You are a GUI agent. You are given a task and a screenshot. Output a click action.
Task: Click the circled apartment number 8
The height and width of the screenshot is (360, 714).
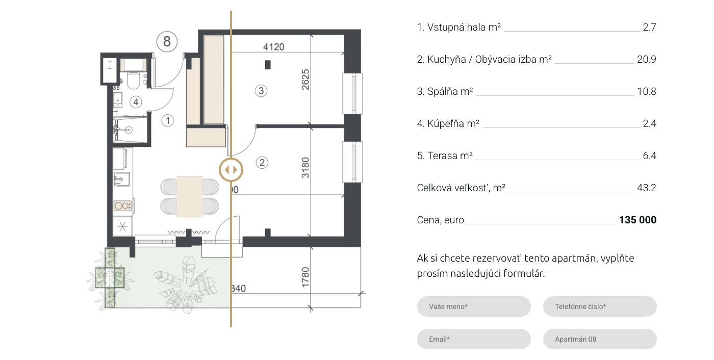tap(167, 41)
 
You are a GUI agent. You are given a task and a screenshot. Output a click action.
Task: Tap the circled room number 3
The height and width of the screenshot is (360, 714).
tap(261, 91)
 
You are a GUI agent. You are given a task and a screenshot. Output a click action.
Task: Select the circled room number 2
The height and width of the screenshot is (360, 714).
tap(262, 163)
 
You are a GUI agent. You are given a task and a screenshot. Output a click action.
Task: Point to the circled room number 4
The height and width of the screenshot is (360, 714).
tap(136, 102)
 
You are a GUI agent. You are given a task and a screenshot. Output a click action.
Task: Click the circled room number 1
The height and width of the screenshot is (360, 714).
tap(168, 120)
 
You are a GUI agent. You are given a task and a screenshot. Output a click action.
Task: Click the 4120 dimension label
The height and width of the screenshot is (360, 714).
tap(273, 47)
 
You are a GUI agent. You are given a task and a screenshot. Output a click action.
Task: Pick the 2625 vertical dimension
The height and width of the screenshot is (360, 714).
tap(305, 80)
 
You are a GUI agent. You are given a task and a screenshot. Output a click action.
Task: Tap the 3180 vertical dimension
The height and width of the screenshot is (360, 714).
tap(305, 168)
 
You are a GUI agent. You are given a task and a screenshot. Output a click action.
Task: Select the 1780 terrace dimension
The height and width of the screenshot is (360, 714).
tap(305, 277)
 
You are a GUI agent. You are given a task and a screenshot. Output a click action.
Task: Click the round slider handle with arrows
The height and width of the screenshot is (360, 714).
tap(231, 170)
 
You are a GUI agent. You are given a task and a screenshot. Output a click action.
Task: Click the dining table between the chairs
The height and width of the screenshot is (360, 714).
tap(189, 196)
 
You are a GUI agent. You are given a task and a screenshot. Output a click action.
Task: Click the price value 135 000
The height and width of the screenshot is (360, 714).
tap(637, 220)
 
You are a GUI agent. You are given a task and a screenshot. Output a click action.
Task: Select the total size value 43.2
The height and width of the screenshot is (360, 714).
tap(647, 188)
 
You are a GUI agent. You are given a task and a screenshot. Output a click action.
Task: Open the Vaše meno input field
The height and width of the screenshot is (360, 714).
tap(474, 306)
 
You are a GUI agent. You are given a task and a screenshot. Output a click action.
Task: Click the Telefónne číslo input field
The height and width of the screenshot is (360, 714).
tap(600, 306)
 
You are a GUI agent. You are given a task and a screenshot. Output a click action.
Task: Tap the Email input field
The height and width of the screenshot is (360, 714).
tap(474, 339)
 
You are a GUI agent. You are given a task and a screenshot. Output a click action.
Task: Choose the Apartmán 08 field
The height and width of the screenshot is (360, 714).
tap(600, 339)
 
